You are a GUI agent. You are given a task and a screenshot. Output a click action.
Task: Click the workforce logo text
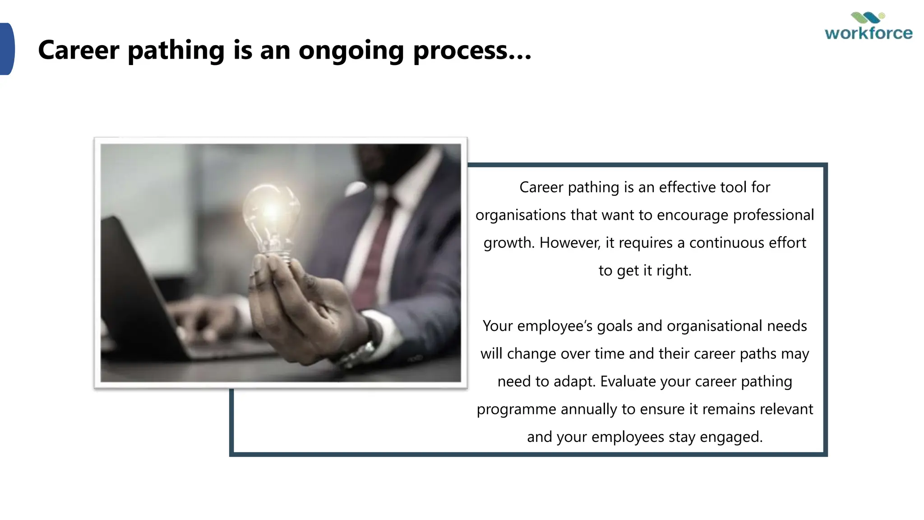point(869,33)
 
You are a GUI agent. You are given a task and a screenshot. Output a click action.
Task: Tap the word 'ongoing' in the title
point(351,50)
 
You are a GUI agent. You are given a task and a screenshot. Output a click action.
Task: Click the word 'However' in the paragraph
point(570,243)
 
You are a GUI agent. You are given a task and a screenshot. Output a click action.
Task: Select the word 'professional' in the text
point(773,215)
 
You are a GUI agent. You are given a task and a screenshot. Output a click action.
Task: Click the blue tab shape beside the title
point(7,49)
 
